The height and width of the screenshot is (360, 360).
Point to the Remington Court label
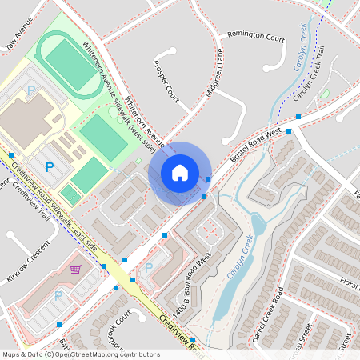point(256,37)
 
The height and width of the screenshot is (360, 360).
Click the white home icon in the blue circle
point(180,172)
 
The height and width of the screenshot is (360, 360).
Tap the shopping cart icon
point(76,270)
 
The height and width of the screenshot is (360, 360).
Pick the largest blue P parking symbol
point(49,167)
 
